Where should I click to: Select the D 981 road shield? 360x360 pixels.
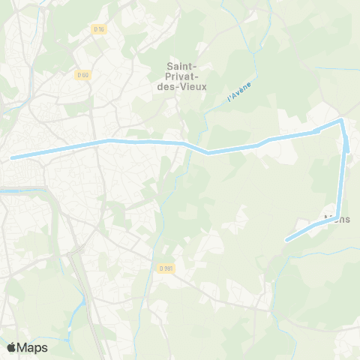coord(166,268)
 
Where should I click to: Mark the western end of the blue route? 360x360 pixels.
coord(12,157)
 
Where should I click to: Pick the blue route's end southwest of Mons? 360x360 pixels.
coord(287,240)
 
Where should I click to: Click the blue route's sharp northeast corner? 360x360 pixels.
coord(341,120)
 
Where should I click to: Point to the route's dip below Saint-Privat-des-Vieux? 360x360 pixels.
coord(208,152)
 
